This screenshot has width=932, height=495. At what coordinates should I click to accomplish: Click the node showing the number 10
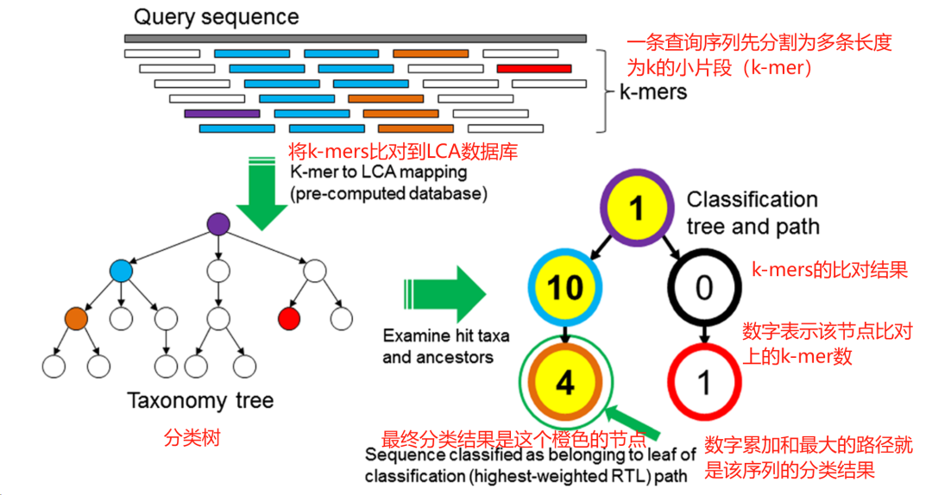565,287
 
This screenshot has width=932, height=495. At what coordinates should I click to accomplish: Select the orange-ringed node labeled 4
565,381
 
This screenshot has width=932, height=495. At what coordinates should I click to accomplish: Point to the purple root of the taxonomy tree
219,224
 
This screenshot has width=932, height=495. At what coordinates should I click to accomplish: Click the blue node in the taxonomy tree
122,271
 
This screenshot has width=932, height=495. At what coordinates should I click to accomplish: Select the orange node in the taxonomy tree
76,317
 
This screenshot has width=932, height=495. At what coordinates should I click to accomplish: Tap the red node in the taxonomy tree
288,318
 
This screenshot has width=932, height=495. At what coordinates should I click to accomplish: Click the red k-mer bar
533,68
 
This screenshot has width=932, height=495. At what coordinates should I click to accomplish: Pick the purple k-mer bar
222,113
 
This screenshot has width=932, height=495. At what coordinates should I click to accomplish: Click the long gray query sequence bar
355,39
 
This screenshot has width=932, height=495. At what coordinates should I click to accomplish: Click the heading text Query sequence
217,16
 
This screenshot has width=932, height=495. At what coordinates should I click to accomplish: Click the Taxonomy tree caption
200,401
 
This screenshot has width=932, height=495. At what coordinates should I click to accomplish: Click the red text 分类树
192,438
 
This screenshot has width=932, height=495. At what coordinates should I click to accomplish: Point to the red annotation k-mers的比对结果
828,270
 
